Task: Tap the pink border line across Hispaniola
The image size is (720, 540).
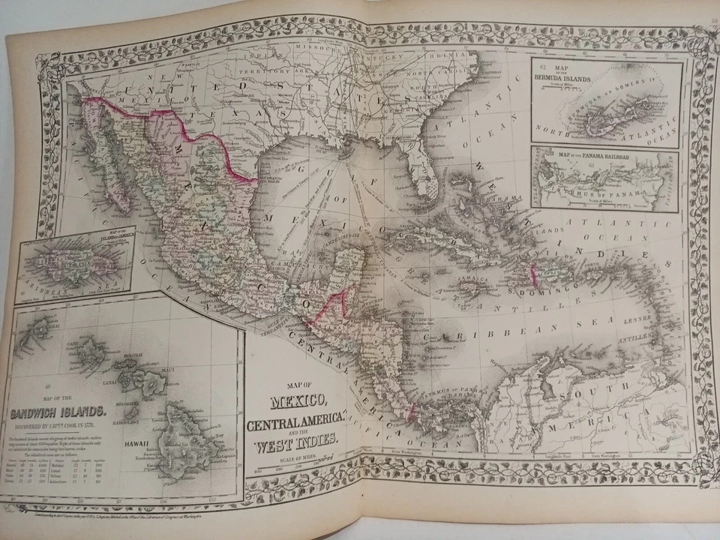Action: pyautogui.click(x=535, y=275)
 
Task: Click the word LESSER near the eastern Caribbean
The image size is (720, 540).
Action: pyautogui.click(x=637, y=319)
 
